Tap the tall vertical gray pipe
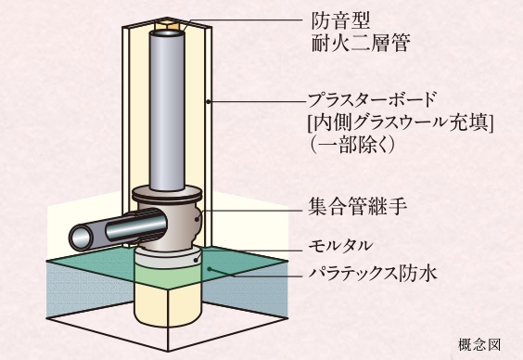[x=167, y=111]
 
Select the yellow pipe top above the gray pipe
[x=167, y=30]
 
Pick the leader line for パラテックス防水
[x=260, y=272]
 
